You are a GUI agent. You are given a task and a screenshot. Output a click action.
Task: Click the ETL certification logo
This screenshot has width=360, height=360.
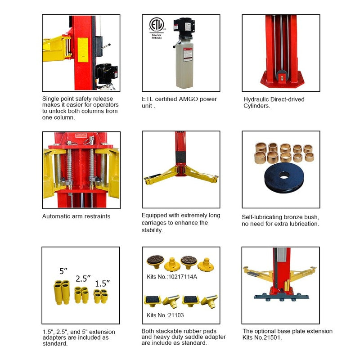[156, 25]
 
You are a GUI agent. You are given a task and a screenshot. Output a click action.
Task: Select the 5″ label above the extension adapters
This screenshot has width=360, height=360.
[63, 271]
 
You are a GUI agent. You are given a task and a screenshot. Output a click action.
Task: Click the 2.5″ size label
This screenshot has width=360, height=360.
[83, 278]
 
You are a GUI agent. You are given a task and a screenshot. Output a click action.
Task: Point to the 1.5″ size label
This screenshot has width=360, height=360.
[102, 283]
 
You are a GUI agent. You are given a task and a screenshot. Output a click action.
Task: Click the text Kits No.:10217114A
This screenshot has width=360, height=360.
[172, 277]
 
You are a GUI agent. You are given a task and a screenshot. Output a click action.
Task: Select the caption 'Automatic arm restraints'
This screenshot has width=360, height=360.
[76, 216]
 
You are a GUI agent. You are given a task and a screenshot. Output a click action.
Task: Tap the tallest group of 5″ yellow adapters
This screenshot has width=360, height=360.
[62, 292]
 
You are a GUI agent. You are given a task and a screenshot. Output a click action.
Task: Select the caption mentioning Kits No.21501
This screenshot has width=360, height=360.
[288, 334]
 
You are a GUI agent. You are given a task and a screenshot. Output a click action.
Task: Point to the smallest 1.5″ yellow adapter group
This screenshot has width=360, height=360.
[100, 296]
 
